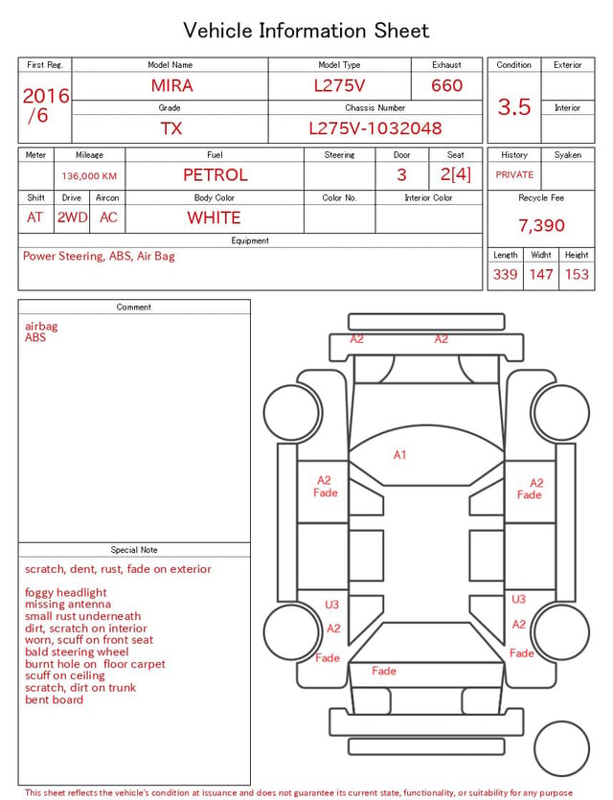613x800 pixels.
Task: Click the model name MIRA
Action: [171, 85]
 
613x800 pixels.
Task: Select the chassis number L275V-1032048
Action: [375, 128]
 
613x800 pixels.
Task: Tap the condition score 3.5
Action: [514, 107]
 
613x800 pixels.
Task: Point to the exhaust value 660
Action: [446, 85]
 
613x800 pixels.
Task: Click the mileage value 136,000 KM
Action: [89, 176]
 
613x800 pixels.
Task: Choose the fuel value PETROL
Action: [216, 175]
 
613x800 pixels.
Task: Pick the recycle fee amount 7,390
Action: [541, 225]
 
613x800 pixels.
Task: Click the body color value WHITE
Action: [214, 217]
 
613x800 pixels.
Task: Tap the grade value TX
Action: [171, 128]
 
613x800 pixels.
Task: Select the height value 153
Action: [577, 274]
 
